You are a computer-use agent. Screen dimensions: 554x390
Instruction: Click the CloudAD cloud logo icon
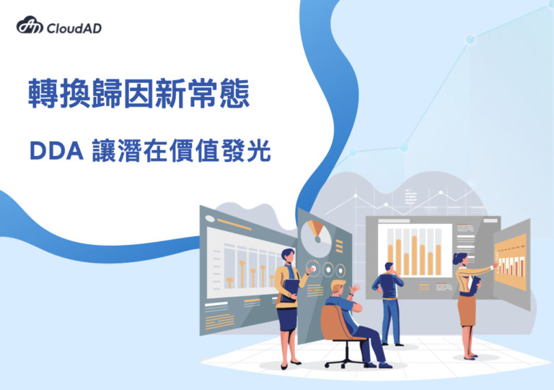[x=30, y=25]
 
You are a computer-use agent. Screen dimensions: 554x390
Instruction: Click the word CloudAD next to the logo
[x=74, y=28]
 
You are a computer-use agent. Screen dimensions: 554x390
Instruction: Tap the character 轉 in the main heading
[x=43, y=93]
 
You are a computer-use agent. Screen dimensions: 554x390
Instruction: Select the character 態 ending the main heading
[x=234, y=93]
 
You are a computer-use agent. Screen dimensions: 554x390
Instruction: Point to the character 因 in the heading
[x=138, y=93]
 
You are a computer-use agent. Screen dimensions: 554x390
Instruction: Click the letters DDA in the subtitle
[x=57, y=151]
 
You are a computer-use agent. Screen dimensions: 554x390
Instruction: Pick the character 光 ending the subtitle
[x=259, y=150]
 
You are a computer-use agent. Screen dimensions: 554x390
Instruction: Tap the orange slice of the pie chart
[x=315, y=227]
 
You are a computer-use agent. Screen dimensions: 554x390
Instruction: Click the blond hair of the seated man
[x=338, y=285]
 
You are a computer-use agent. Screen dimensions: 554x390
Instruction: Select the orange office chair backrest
[x=334, y=323]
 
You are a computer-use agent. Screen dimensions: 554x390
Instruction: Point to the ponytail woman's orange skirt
[x=467, y=311]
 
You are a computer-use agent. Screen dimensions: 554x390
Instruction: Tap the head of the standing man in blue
[x=389, y=267]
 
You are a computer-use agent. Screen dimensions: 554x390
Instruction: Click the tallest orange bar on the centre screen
[x=414, y=255]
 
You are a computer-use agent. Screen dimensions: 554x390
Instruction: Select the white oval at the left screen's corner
[x=210, y=219]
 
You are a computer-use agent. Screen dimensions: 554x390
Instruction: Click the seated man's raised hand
[x=354, y=288]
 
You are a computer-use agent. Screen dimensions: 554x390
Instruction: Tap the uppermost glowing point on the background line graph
[x=470, y=39]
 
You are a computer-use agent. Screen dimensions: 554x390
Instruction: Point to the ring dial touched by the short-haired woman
[x=312, y=268]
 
